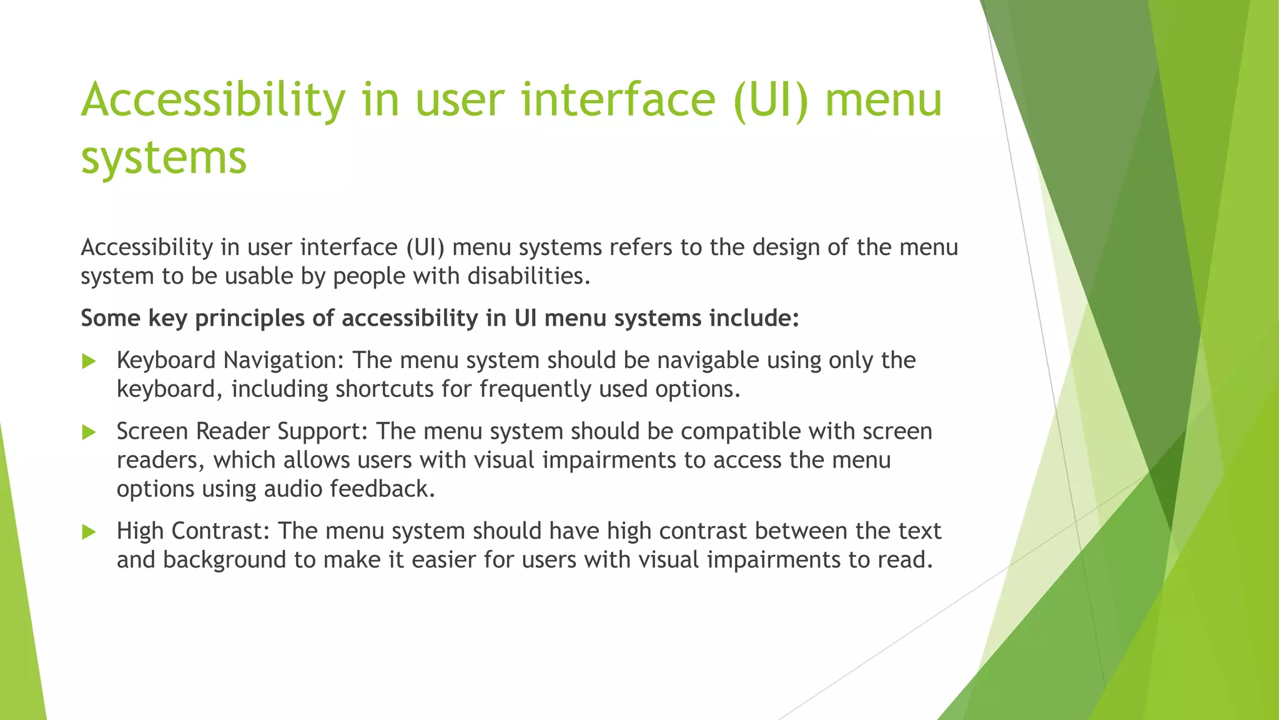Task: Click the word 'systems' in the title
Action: coord(164,157)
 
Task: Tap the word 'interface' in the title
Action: coord(565,100)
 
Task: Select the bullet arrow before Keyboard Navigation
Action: coord(89,361)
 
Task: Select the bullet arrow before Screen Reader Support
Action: coord(89,432)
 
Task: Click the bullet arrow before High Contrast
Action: coord(89,532)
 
